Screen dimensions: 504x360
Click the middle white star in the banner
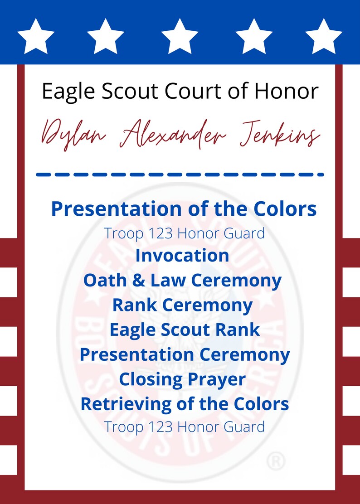click(x=180, y=36)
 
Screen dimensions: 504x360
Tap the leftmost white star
click(x=36, y=36)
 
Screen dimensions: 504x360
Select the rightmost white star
click(x=324, y=36)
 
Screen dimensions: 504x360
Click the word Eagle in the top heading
click(x=68, y=92)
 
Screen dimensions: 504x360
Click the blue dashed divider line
click(x=180, y=174)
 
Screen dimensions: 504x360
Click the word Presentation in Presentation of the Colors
click(x=113, y=209)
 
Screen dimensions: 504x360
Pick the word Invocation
click(x=182, y=255)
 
